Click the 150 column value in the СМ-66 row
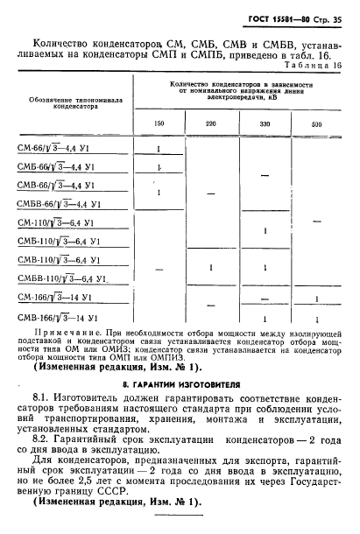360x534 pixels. (x=159, y=148)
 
